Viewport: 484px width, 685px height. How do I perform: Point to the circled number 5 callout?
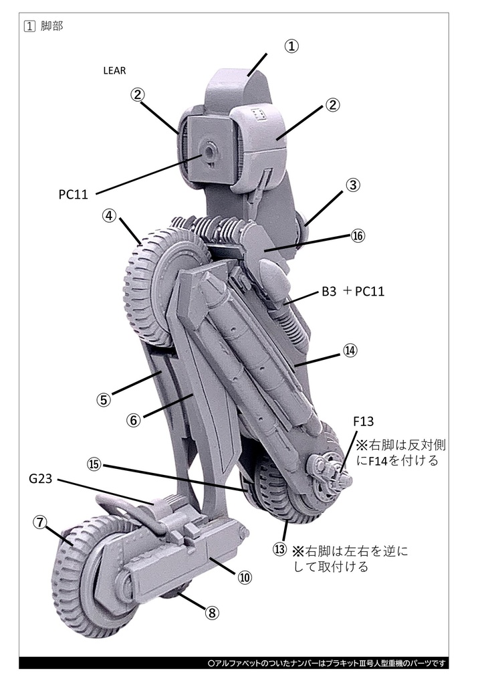[x=103, y=399]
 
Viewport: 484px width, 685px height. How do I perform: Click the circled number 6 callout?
[x=133, y=419]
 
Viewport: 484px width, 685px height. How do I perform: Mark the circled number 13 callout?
[x=279, y=549]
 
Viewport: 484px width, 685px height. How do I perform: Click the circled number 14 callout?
[x=352, y=351]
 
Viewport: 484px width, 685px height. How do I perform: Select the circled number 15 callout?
[x=93, y=464]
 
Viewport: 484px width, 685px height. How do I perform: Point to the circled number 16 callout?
[x=358, y=237]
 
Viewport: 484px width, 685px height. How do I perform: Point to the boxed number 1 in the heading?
[x=29, y=26]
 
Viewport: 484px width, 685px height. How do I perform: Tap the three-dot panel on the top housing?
[x=261, y=114]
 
